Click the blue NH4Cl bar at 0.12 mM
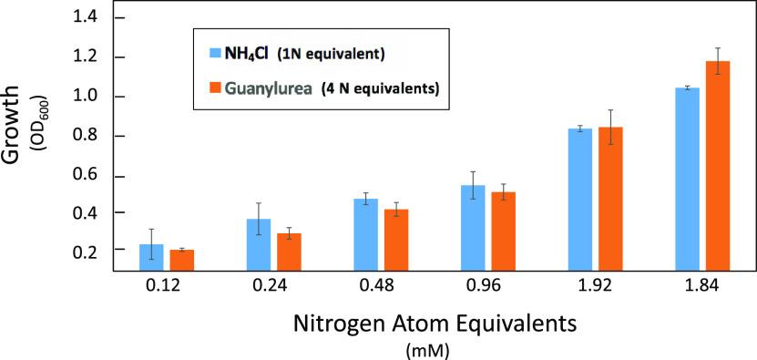click(151, 257)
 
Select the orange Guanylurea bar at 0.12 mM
click(182, 260)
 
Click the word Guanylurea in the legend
click(278, 88)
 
